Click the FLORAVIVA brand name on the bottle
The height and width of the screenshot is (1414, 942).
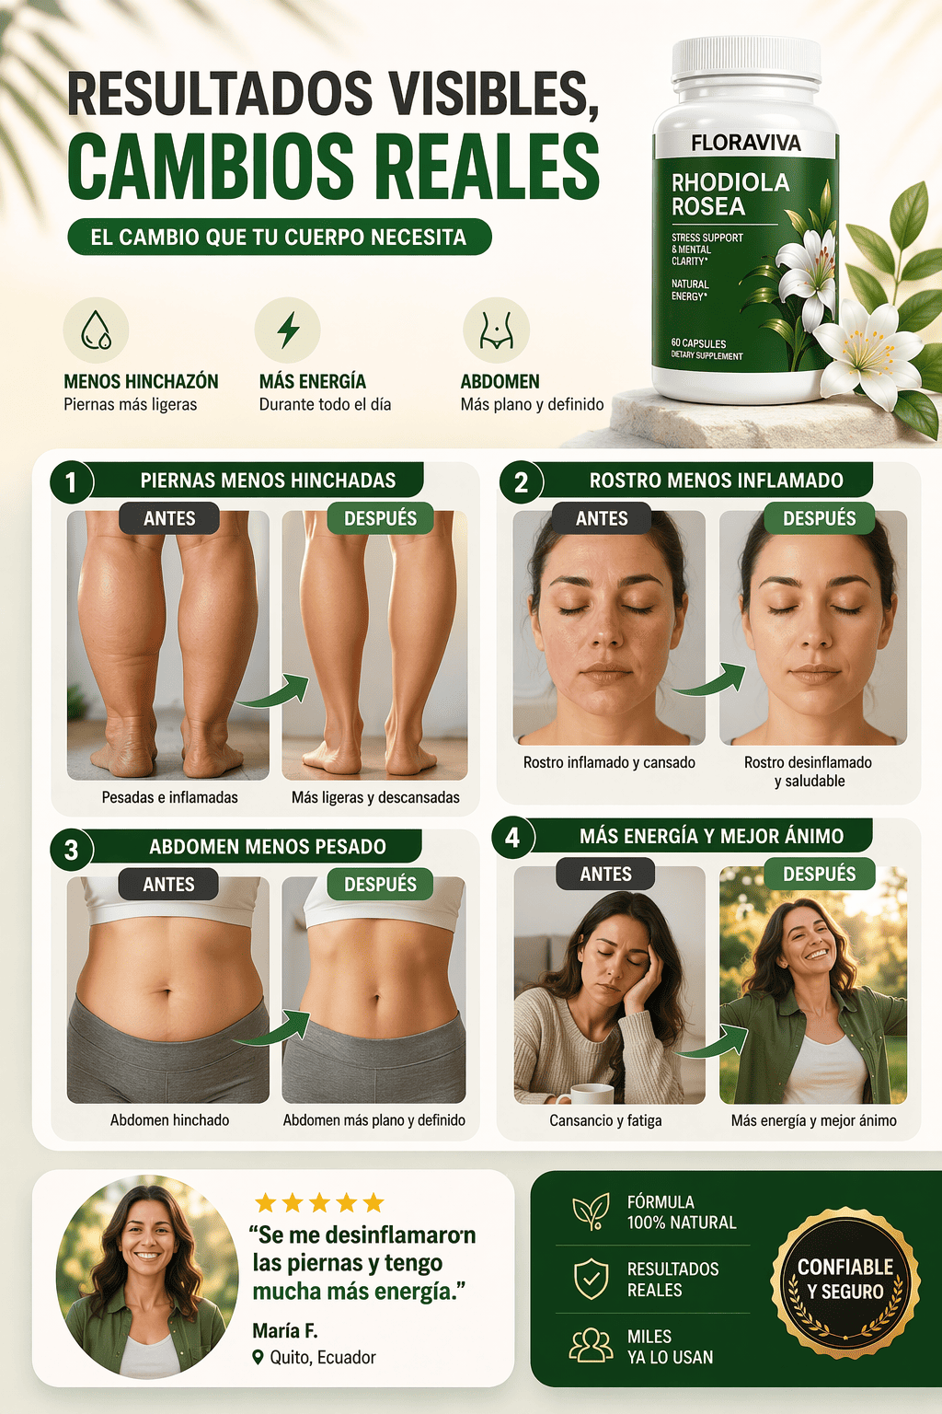pyautogui.click(x=746, y=143)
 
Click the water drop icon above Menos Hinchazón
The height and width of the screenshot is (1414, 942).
pyautogui.click(x=96, y=330)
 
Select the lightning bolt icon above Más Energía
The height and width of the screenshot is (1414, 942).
pyautogui.click(x=288, y=330)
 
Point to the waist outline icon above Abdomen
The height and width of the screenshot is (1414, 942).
pyautogui.click(x=496, y=330)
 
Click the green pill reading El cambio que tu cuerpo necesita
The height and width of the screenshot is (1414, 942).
pyautogui.click(x=279, y=237)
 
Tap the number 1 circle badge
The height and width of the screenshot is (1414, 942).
pyautogui.click(x=71, y=482)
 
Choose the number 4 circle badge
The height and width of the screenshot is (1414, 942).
pyautogui.click(x=512, y=838)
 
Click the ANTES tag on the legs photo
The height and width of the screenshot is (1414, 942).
pyautogui.click(x=169, y=518)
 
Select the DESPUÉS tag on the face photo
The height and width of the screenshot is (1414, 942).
pyautogui.click(x=819, y=518)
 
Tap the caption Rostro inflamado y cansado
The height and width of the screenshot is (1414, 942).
pyautogui.click(x=609, y=762)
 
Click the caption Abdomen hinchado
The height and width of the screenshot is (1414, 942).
pyautogui.click(x=169, y=1119)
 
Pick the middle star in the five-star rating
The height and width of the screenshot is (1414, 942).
pyautogui.click(x=320, y=1202)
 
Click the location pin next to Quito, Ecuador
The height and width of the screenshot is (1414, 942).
pyautogui.click(x=258, y=1357)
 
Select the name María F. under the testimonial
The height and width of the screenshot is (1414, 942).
pyautogui.click(x=284, y=1330)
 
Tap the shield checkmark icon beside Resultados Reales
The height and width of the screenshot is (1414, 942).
pyautogui.click(x=592, y=1280)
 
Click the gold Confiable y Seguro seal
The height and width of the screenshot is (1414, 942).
pyautogui.click(x=845, y=1282)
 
